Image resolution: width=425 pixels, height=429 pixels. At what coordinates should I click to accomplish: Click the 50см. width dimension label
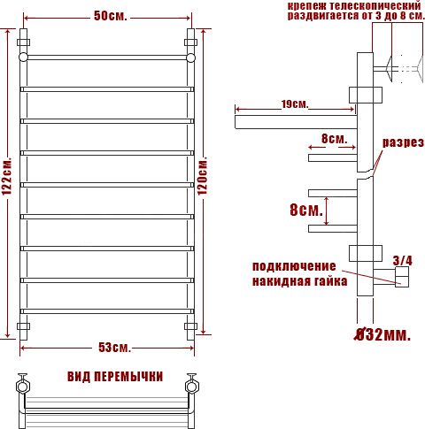[111, 16]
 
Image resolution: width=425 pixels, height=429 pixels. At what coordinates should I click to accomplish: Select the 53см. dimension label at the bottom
[114, 348]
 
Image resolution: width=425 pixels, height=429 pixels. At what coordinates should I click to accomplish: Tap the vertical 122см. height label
[7, 176]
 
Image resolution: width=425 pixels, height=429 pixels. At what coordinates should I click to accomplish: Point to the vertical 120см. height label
[203, 175]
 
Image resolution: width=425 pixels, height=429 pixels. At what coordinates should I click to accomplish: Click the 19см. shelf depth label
[295, 104]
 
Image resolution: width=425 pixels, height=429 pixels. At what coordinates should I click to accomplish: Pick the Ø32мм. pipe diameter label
[382, 334]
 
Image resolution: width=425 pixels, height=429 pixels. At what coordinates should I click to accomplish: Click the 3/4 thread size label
[403, 261]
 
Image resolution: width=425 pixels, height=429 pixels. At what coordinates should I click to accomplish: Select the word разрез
[403, 142]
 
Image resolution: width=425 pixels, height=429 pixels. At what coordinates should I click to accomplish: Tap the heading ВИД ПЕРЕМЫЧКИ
[115, 377]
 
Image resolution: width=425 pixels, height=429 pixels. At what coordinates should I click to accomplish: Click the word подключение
[294, 266]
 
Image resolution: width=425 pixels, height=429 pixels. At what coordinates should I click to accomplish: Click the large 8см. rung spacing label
[306, 211]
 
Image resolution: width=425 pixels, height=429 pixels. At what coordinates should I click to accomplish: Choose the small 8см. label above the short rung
[334, 139]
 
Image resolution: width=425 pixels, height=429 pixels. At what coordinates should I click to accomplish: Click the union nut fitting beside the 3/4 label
[402, 277]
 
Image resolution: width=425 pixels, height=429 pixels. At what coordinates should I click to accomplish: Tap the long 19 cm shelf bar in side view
[296, 122]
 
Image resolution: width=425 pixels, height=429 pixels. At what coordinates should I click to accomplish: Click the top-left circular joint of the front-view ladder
[23, 57]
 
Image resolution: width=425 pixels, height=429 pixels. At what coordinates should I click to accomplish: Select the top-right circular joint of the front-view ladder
[190, 57]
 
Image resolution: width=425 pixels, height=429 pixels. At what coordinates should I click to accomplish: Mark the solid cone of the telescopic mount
[390, 69]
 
